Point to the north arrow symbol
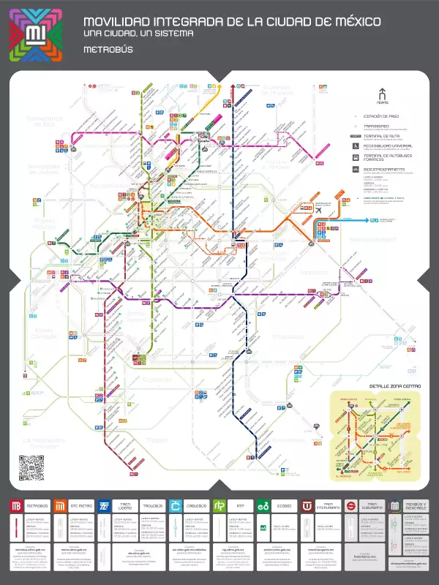[380, 94]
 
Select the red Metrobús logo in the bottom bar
[16, 506]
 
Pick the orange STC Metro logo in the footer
[61, 506]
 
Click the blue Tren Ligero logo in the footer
[105, 506]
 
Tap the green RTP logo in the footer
[219, 506]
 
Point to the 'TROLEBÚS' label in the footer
[152, 506]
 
